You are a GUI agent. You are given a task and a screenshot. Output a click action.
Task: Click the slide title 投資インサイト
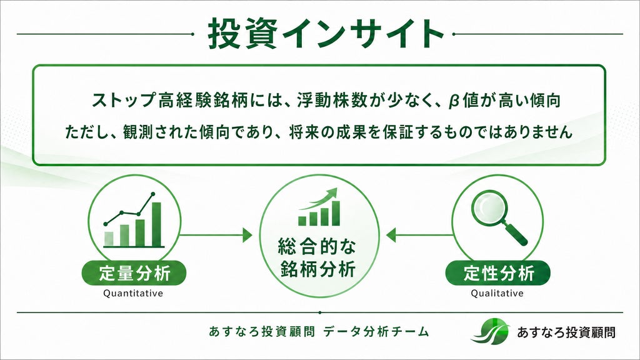(326, 34)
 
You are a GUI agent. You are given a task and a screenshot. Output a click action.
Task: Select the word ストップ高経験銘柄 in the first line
(170, 101)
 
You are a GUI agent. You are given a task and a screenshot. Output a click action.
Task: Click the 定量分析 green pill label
(134, 273)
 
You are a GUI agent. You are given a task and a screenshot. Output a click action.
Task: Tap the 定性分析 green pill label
(498, 273)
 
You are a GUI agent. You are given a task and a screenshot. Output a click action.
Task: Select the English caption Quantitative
(133, 293)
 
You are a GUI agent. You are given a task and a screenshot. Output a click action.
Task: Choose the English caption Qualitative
(497, 293)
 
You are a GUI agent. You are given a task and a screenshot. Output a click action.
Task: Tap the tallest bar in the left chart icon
(156, 224)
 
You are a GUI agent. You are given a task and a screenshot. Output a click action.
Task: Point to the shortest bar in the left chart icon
(109, 239)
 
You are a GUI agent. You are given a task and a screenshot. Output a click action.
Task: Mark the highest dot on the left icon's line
(153, 194)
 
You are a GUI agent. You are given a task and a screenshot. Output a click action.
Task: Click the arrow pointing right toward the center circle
(216, 235)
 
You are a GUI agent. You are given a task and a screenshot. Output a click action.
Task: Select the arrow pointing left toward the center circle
(419, 235)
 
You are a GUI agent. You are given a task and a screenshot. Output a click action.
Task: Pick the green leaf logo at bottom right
(490, 331)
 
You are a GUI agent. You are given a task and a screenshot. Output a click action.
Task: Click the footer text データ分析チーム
(376, 331)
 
